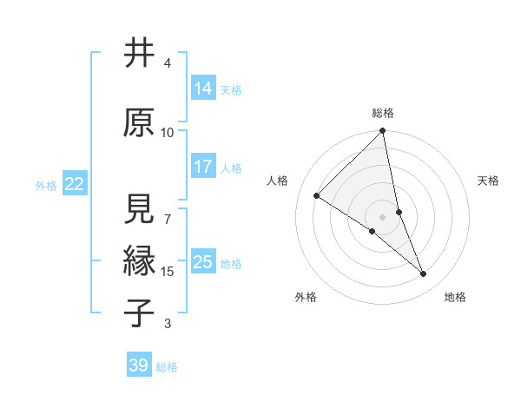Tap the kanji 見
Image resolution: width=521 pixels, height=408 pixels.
tap(139, 208)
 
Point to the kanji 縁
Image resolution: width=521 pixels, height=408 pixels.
tap(139, 260)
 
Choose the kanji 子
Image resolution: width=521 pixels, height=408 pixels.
tap(139, 313)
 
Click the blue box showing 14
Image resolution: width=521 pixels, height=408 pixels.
tap(203, 89)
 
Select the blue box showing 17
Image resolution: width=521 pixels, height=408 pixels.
tap(203, 167)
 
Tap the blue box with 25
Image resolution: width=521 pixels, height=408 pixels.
tap(203, 262)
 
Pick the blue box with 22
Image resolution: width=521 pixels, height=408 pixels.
tap(75, 184)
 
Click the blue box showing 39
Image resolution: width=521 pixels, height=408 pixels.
tap(139, 365)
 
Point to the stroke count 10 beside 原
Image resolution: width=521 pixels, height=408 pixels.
tap(168, 133)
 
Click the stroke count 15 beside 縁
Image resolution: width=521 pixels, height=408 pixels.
tap(168, 272)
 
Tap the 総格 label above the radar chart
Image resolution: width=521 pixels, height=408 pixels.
tap(383, 113)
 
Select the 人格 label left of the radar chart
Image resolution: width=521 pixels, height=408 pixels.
tap(278, 181)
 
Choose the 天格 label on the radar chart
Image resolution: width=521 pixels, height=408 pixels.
tap(489, 181)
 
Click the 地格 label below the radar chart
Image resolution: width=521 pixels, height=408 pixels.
tap(455, 297)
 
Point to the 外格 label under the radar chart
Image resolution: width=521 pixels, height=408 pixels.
tap(306, 297)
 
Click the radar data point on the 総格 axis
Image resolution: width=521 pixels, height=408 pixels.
tap(383, 131)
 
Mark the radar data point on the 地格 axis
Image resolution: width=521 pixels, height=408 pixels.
tap(424, 274)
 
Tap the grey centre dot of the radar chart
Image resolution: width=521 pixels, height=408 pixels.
tap(382, 216)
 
